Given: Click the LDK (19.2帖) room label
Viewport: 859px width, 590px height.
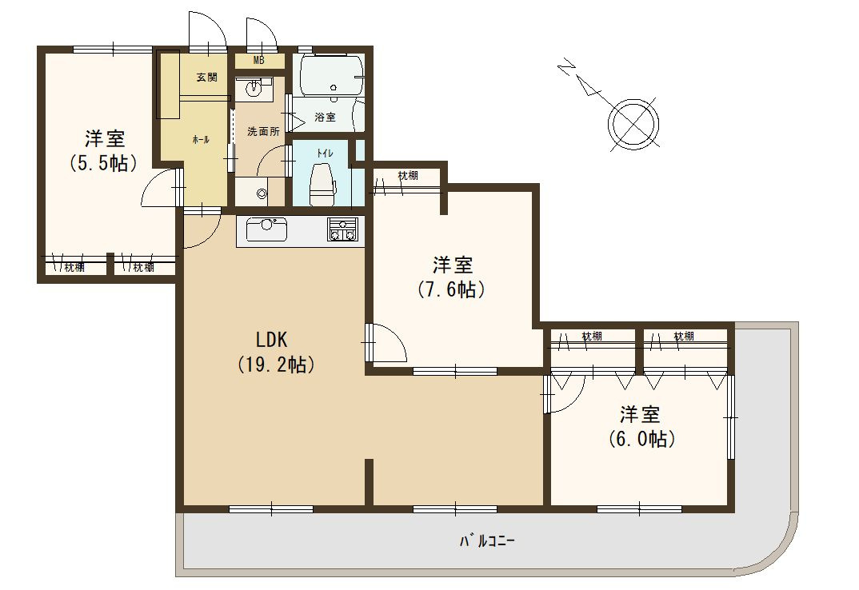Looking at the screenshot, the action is [x=276, y=352].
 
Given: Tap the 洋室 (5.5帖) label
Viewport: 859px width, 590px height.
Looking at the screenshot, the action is [x=104, y=150].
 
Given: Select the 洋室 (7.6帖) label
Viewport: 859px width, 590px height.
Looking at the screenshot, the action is [x=452, y=277].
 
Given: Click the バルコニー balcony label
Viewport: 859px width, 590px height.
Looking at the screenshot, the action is [x=487, y=542].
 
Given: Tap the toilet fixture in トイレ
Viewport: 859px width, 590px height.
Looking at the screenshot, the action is [x=322, y=184].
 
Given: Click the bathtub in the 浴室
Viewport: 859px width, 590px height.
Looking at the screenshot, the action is [x=328, y=76].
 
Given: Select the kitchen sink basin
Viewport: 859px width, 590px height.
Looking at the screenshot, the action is [x=267, y=229].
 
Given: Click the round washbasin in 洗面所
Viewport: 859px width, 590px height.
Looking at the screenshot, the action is [x=253, y=89].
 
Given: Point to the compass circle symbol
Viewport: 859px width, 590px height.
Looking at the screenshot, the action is [x=635, y=125].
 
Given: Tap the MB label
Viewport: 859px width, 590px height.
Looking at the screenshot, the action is [x=259, y=60].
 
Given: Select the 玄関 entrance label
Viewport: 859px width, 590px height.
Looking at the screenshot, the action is [x=207, y=78].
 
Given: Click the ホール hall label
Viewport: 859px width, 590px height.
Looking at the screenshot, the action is [x=201, y=140].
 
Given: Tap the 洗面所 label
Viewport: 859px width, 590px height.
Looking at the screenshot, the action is [x=263, y=131].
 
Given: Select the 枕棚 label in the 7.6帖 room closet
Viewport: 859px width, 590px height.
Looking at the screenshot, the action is [x=408, y=175].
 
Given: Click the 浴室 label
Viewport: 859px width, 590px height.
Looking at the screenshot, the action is [x=325, y=117].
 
